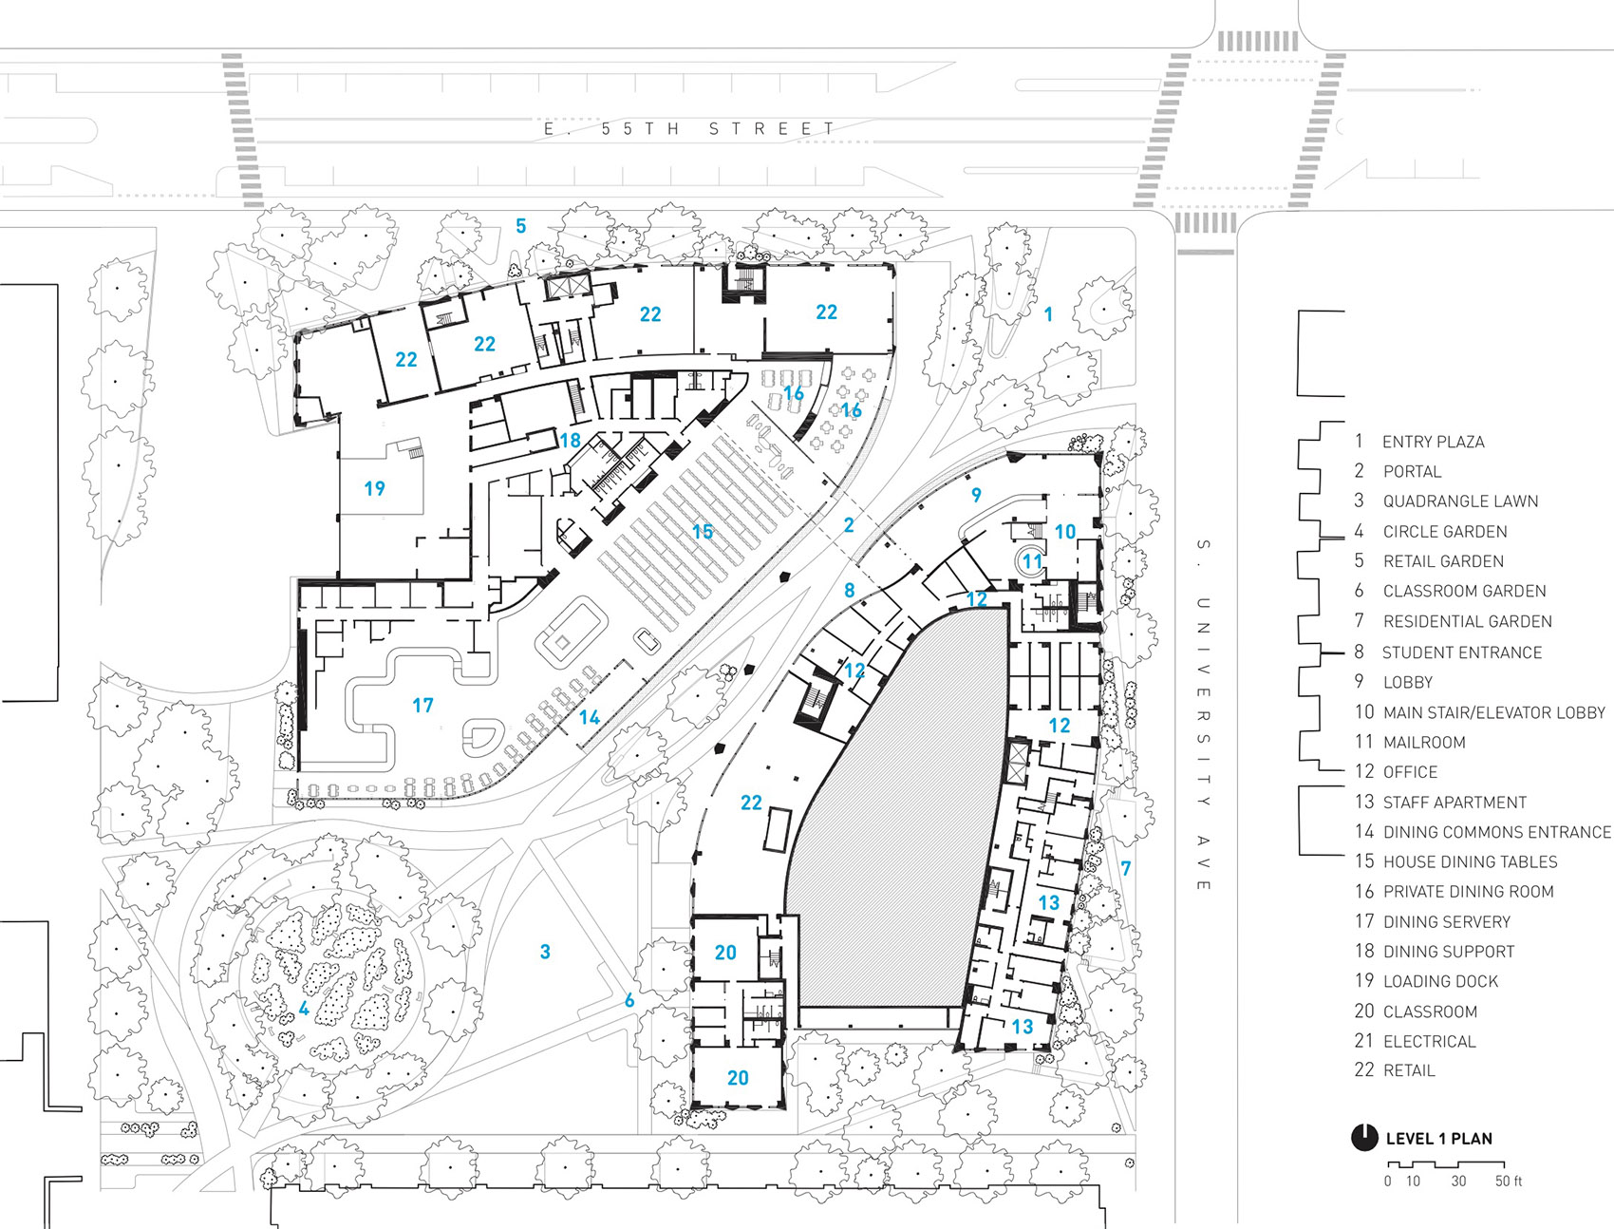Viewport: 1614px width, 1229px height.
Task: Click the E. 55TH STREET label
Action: (689, 128)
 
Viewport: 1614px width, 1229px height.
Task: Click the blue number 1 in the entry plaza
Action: (1048, 314)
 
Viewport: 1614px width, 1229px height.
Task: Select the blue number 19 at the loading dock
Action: (374, 488)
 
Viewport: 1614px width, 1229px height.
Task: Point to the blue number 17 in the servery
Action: (422, 705)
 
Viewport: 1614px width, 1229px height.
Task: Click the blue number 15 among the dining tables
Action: (702, 531)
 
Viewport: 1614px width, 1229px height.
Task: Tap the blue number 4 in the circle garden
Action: (304, 1009)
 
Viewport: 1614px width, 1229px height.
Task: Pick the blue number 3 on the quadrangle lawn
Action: (545, 952)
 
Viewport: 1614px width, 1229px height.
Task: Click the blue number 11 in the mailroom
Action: (1032, 560)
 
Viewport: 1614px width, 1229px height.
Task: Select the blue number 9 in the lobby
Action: (976, 494)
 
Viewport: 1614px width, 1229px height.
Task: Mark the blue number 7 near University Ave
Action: (1126, 867)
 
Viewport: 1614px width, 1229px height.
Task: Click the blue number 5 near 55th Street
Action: (520, 226)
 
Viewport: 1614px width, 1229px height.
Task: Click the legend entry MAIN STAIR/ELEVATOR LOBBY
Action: (1492, 712)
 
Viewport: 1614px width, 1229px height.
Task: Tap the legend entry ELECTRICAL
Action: (1429, 1041)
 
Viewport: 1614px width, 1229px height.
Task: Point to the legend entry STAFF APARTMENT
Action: (1454, 802)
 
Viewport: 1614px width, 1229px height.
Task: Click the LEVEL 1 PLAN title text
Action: (1438, 1138)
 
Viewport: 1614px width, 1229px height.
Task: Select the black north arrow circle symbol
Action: (1363, 1137)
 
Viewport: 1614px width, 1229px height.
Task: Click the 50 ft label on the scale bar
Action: (1508, 1182)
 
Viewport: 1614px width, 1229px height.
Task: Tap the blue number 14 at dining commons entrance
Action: (590, 717)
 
